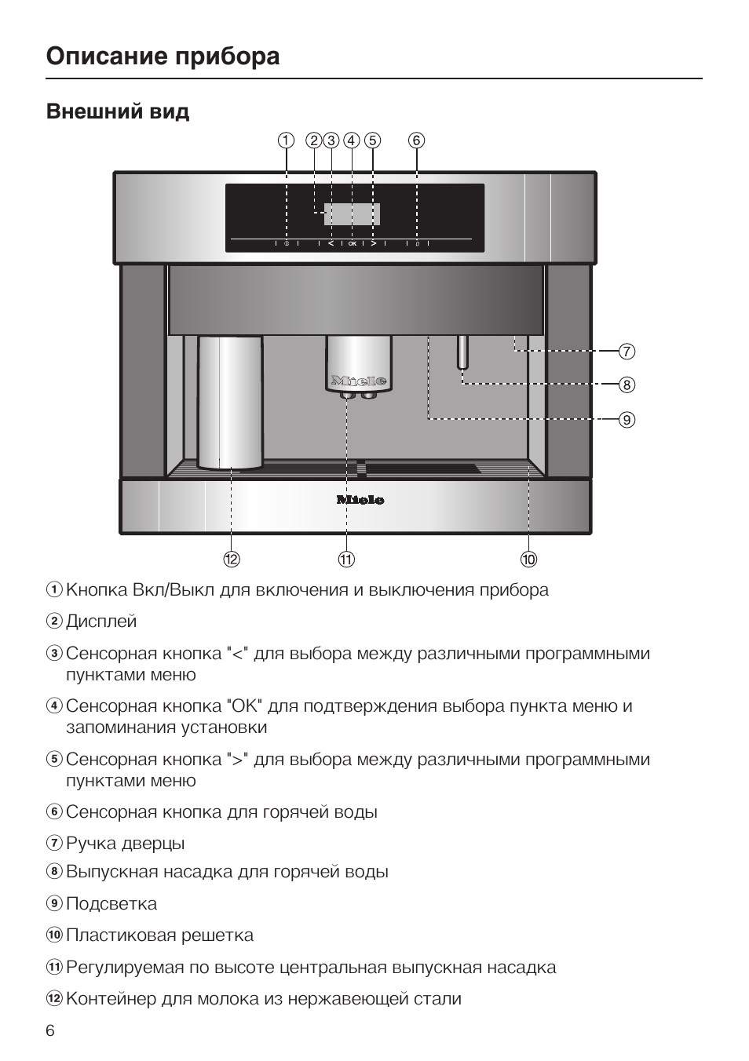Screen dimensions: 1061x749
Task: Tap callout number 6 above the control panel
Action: coord(416,140)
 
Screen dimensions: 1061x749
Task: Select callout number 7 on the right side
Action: coord(626,351)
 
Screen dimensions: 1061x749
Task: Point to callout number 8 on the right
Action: coord(626,385)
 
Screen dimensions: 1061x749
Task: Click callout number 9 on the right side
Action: coord(626,419)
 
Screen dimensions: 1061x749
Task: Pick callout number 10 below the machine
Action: coord(528,559)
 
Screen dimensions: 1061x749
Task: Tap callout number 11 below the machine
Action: coord(346,559)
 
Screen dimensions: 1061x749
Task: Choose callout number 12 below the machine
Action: coord(231,559)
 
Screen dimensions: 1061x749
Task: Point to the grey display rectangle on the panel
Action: coord(352,213)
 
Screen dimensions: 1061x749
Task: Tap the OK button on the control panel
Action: coord(352,244)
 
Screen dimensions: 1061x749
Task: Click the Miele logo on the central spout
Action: coord(359,381)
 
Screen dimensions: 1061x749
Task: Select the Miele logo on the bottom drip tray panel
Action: coord(360,499)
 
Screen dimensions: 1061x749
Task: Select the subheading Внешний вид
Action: coord(118,111)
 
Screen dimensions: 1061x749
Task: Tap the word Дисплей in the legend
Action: coord(101,622)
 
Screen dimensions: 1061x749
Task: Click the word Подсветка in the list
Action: coord(111,904)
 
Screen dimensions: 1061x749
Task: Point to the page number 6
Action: coord(50,1030)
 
